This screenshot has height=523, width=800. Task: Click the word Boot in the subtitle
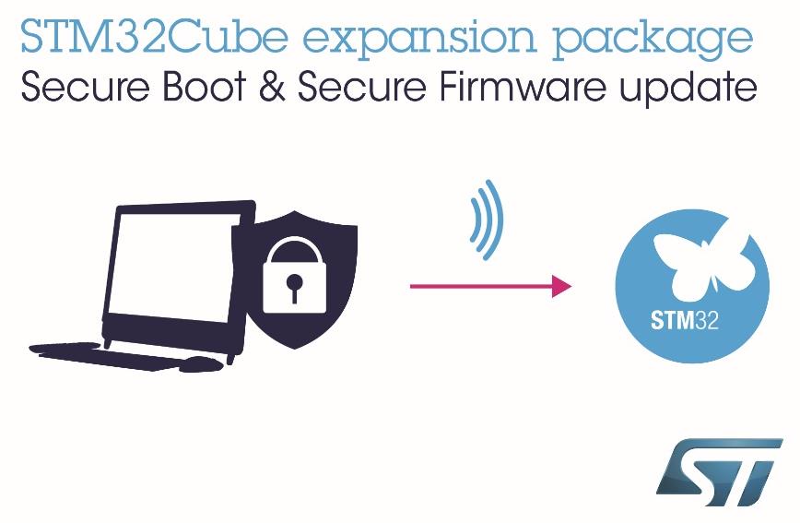click(204, 87)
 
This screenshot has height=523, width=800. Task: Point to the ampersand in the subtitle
click(272, 87)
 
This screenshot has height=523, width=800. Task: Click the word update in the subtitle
click(688, 89)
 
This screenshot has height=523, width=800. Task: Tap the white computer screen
click(172, 266)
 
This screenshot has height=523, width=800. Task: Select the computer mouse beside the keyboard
click(202, 364)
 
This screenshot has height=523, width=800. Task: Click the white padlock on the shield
click(294, 275)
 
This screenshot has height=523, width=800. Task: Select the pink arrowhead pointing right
click(561, 286)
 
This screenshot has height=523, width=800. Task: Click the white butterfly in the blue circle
click(703, 265)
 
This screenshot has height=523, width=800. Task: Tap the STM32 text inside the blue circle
click(685, 321)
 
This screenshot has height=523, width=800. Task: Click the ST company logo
click(719, 472)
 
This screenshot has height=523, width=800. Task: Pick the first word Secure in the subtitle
click(85, 87)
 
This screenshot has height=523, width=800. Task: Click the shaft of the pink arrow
click(481, 286)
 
